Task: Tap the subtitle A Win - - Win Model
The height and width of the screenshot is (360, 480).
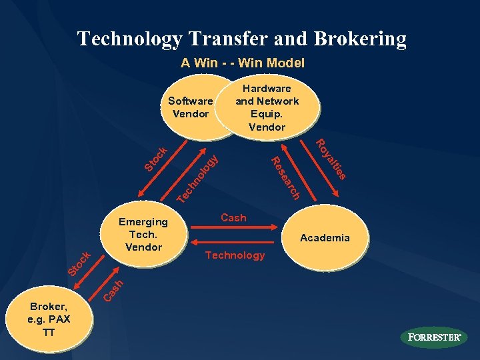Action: coord(243,63)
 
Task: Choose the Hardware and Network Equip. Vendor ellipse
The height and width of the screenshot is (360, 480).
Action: coord(267,107)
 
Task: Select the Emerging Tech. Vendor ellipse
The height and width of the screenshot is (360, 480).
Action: coord(143,234)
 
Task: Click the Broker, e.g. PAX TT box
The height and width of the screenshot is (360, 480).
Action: coord(49,319)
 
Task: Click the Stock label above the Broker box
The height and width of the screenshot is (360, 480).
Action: coord(79,263)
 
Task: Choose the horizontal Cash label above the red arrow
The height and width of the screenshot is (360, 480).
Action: coord(233,218)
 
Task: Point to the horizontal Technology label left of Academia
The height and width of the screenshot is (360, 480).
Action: coord(235,255)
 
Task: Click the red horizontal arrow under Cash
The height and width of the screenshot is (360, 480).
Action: coord(233,229)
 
